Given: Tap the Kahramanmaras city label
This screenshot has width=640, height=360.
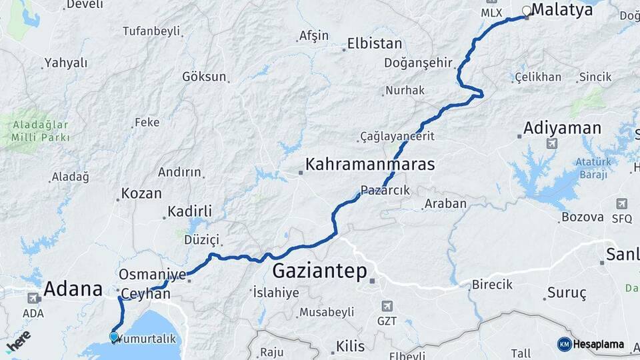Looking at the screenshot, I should pyautogui.click(x=370, y=164).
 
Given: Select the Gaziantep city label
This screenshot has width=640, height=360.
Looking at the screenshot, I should pyautogui.click(x=320, y=271).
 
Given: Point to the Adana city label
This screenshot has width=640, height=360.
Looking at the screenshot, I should pyautogui.click(x=73, y=289).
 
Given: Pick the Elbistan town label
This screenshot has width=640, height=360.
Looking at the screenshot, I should pyautogui.click(x=375, y=45).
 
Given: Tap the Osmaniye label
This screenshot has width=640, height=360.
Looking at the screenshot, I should pyautogui.click(x=152, y=274).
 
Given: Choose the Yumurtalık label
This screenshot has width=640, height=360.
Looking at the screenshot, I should pyautogui.click(x=149, y=338).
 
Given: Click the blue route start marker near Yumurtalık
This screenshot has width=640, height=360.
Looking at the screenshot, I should pyautogui.click(x=114, y=337).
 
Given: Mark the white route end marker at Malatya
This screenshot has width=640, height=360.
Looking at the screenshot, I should pyautogui.click(x=527, y=10).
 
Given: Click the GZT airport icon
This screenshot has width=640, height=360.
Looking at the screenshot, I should pyautogui.click(x=387, y=306).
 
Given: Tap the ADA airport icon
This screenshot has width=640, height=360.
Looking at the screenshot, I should pyautogui.click(x=33, y=298).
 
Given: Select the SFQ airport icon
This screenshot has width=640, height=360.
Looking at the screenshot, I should pyautogui.click(x=621, y=203).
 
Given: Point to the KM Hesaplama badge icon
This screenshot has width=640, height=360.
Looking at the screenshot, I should pyautogui.click(x=564, y=344).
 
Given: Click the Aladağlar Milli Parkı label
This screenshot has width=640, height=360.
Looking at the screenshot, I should pyautogui.click(x=40, y=133).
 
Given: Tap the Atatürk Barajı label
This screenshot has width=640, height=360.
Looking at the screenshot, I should pyautogui.click(x=593, y=169).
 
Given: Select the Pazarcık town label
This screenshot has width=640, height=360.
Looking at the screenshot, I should pyautogui.click(x=385, y=190).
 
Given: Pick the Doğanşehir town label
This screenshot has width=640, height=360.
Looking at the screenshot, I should pyautogui.click(x=418, y=63).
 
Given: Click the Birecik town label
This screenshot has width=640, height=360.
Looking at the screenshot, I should pyautogui.click(x=492, y=285).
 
